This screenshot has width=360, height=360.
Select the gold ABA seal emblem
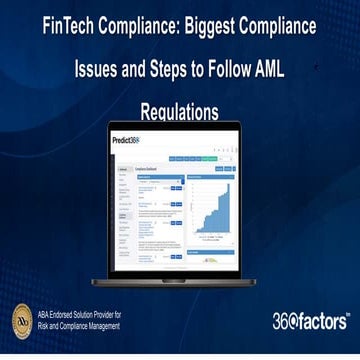coord(22,321)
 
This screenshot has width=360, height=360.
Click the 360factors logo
coord(310,321)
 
